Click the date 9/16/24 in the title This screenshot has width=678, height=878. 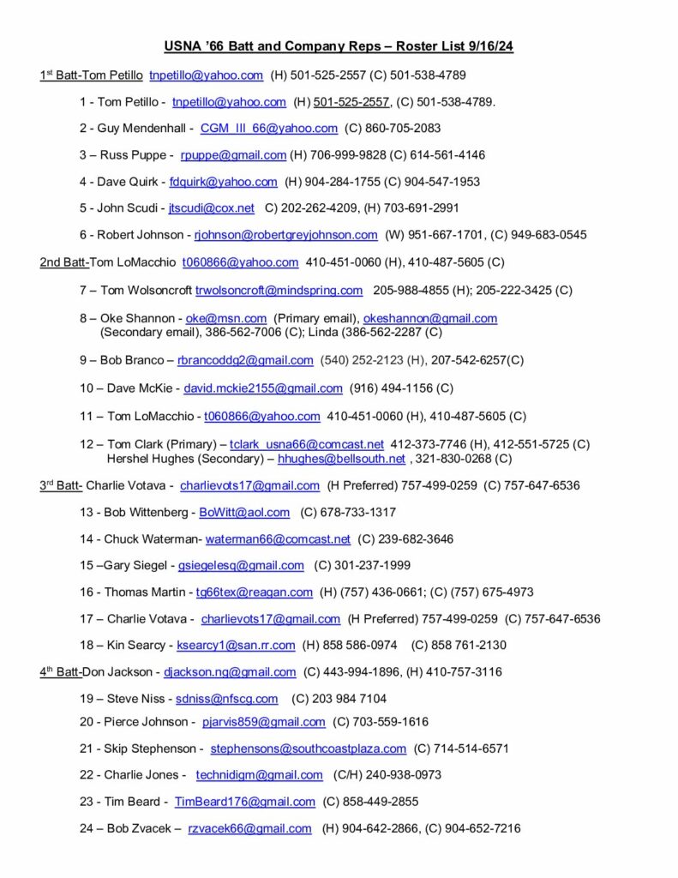coord(487,46)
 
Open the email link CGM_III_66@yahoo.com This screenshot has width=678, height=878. coord(268,128)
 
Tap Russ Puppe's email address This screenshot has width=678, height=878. coord(233,155)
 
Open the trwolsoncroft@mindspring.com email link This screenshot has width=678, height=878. coord(279,291)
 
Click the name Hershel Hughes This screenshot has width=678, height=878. coord(146,459)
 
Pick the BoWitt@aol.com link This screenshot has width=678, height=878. coord(244,512)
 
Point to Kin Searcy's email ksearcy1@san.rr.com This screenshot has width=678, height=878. coord(236,645)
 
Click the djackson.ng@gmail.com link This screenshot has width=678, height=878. coord(230,672)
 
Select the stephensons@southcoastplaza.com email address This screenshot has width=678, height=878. coord(308,749)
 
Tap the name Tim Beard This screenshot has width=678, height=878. coord(130,802)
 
